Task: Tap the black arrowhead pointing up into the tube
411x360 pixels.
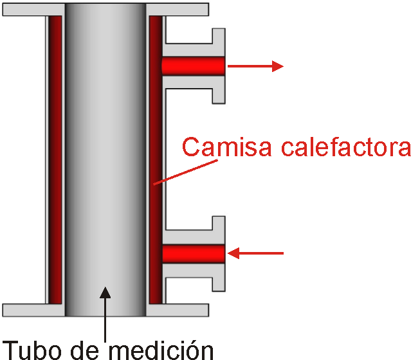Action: [105, 293]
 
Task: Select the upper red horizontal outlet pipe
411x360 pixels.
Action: [192, 66]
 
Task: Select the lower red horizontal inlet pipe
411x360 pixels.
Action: [192, 254]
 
